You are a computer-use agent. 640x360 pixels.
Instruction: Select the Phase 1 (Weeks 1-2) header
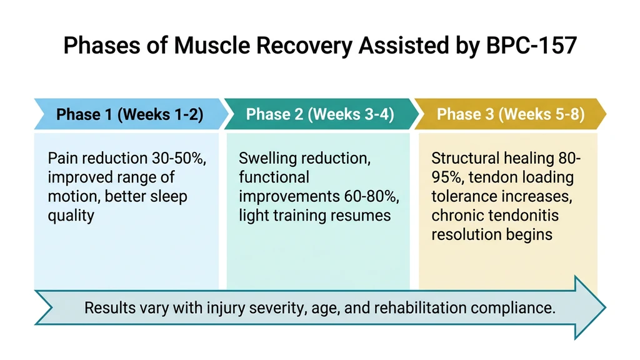click(129, 114)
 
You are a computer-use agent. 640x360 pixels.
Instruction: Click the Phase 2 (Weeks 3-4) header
click(320, 114)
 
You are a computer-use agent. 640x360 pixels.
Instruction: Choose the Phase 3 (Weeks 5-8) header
click(511, 114)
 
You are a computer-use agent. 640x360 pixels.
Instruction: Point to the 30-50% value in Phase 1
click(180, 159)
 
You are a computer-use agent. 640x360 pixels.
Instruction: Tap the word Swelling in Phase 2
click(267, 159)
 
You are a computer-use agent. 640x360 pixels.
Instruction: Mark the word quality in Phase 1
click(71, 216)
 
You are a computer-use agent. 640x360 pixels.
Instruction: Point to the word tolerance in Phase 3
click(462, 197)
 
